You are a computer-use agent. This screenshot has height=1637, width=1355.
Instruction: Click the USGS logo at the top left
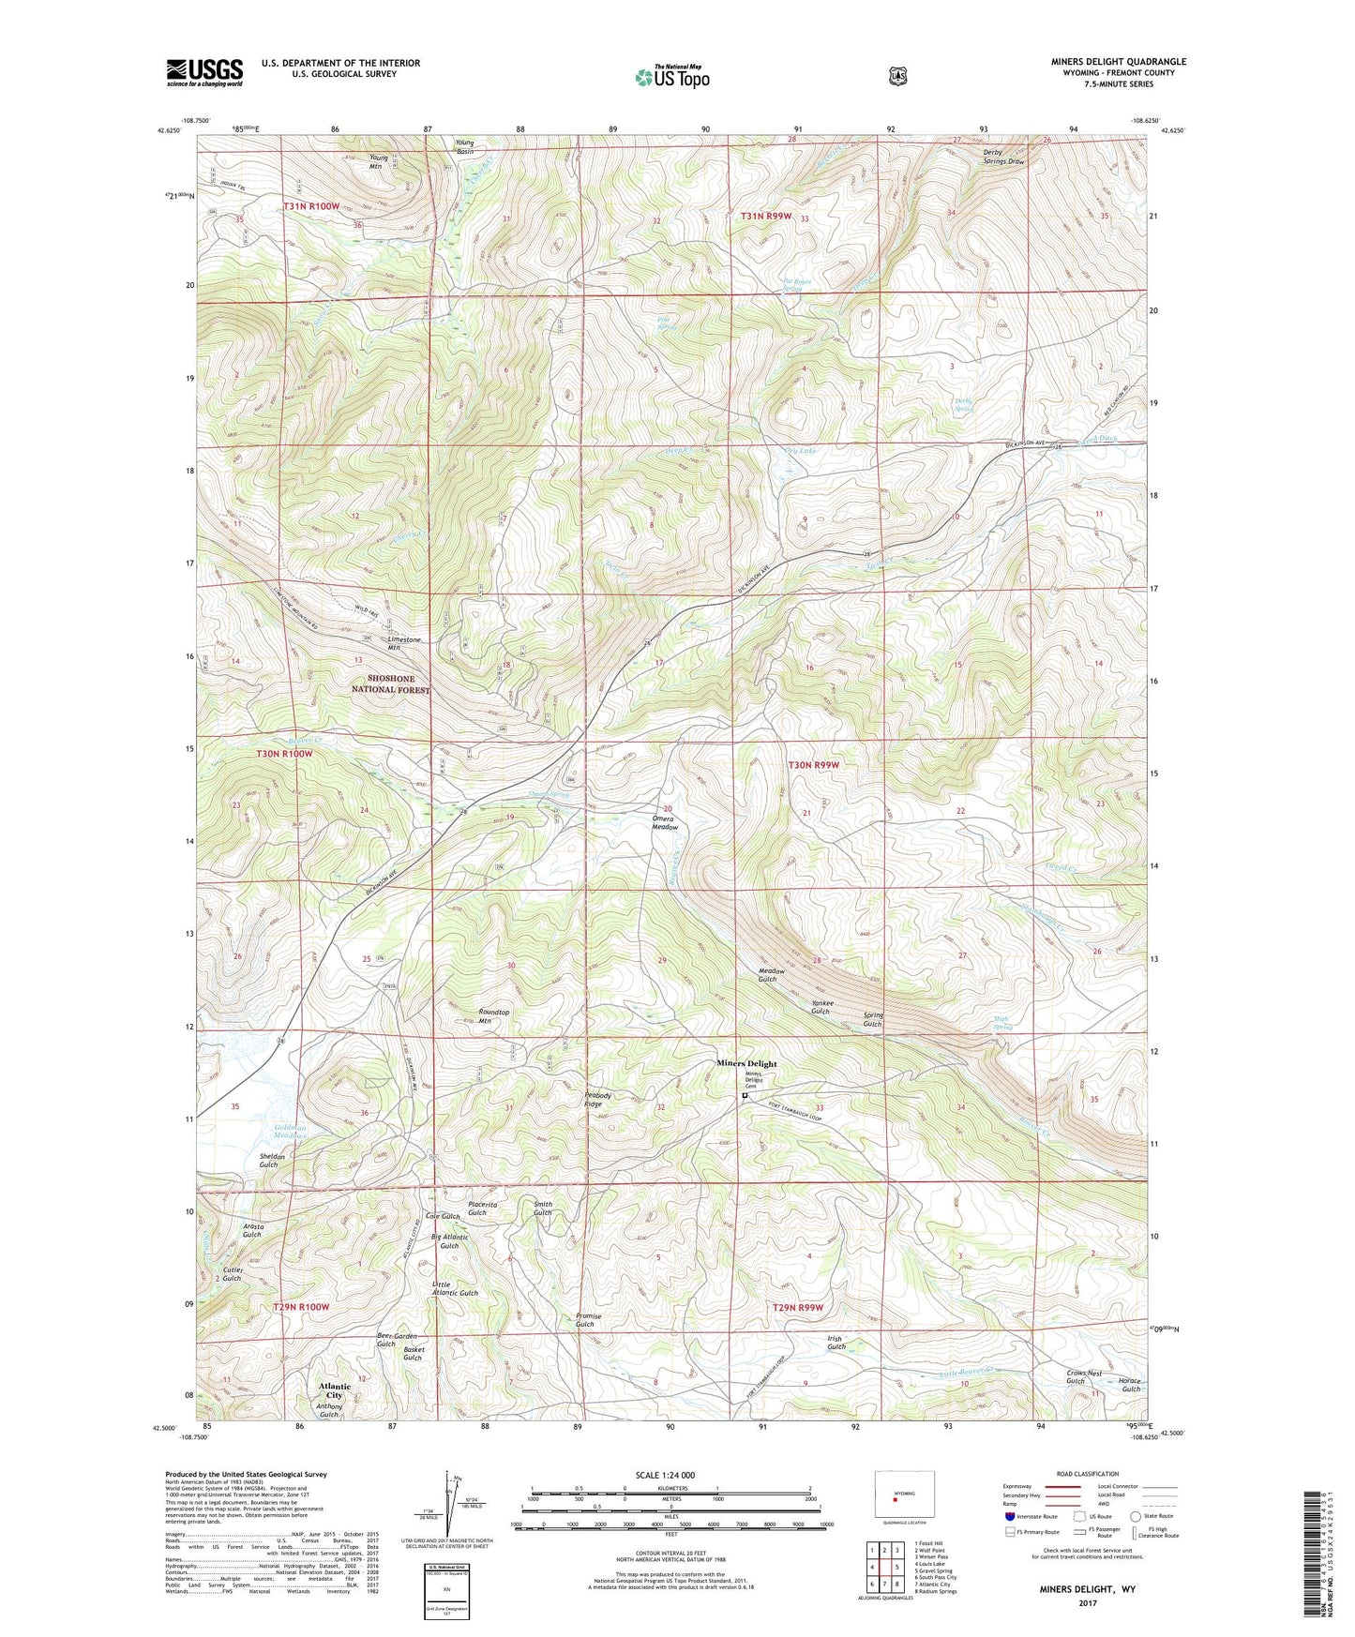pyautogui.click(x=204, y=72)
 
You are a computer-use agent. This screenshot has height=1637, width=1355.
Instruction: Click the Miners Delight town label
pyautogui.click(x=746, y=1063)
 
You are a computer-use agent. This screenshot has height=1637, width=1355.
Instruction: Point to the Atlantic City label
pyautogui.click(x=334, y=1390)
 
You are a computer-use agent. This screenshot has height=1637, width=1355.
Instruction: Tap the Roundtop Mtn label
pyautogui.click(x=493, y=1016)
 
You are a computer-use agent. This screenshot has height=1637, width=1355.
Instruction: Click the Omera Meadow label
pyautogui.click(x=664, y=822)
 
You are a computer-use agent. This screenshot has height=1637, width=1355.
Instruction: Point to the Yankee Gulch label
pyautogui.click(x=821, y=1007)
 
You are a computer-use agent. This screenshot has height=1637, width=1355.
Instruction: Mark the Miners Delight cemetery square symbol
pyautogui.click(x=745, y=1095)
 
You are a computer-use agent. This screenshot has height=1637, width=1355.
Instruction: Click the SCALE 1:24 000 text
pyautogui.click(x=665, y=1475)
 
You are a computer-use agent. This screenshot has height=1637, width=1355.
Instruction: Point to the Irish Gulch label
pyautogui.click(x=836, y=1343)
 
